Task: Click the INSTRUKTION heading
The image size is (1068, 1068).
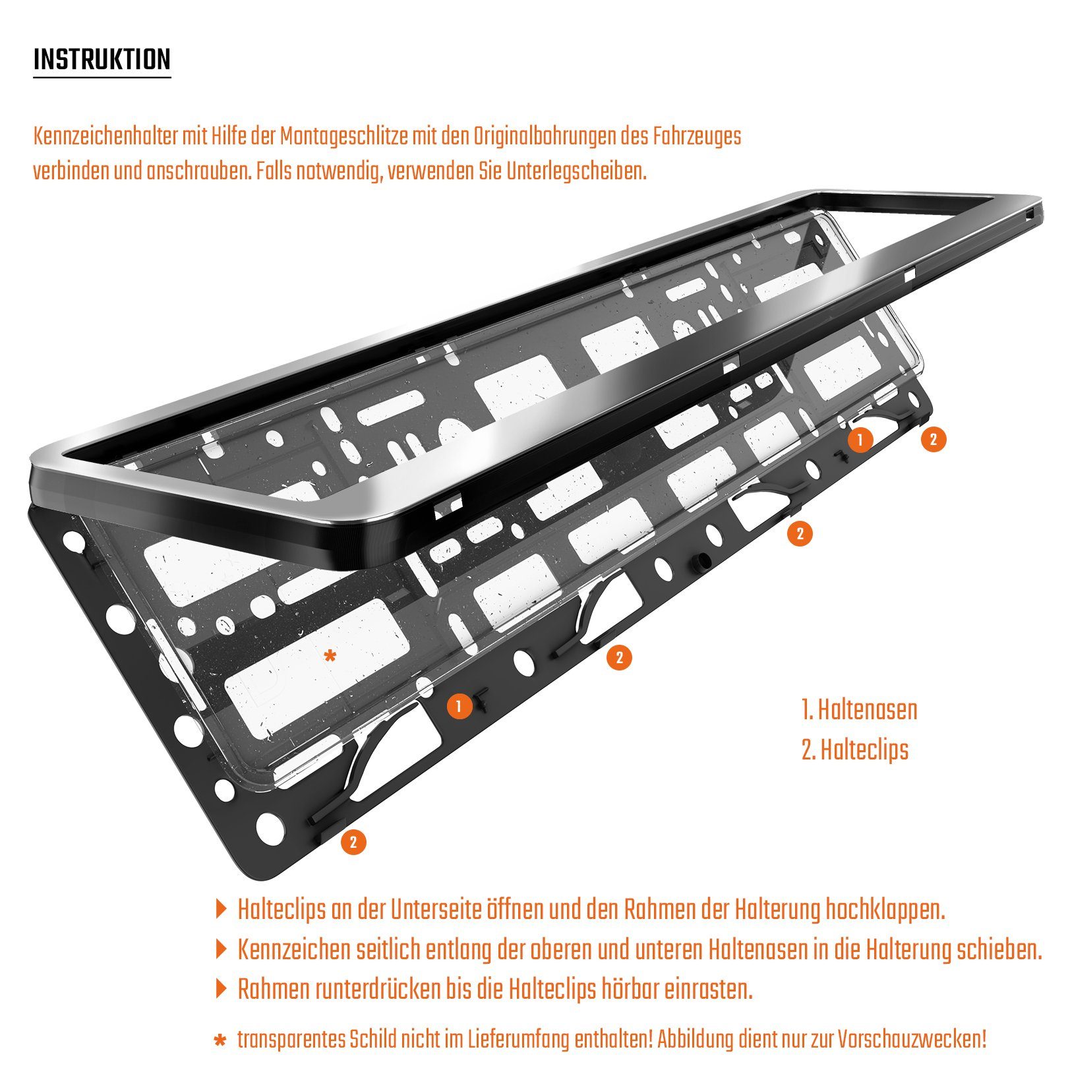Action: [x=102, y=59]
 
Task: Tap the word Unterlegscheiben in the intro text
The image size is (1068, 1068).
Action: [x=575, y=171]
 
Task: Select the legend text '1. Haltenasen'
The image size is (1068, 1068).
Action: [x=859, y=710]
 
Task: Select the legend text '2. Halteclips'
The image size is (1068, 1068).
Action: [x=854, y=750]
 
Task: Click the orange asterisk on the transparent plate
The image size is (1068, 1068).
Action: [x=330, y=656]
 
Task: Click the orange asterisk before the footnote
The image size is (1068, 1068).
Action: [x=220, y=1041]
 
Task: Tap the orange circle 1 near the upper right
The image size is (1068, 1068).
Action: [x=860, y=439]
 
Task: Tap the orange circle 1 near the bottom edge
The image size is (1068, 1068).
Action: [x=459, y=707]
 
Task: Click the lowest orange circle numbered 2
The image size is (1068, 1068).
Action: [x=353, y=842]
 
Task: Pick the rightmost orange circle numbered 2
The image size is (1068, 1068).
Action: [x=933, y=439]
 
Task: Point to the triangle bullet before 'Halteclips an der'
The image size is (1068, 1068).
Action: [x=221, y=910]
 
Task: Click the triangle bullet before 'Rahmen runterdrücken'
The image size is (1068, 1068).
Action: [x=221, y=989]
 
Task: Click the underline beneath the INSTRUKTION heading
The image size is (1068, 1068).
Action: [x=102, y=78]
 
